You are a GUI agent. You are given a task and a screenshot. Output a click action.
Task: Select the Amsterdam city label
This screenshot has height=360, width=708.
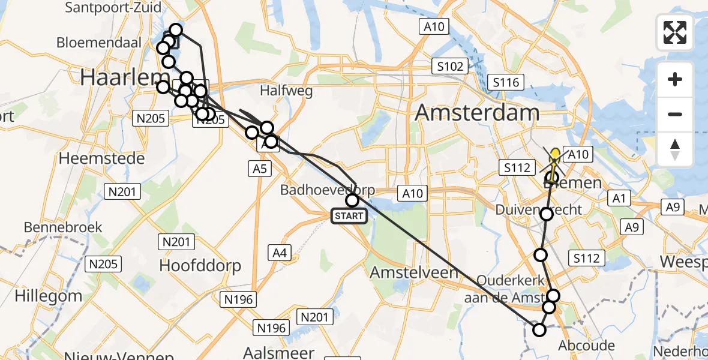[x=478, y=112]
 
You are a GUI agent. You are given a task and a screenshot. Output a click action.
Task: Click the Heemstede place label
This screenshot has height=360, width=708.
[x=101, y=158]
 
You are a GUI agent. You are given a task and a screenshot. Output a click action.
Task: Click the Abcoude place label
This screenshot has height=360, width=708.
[x=586, y=345]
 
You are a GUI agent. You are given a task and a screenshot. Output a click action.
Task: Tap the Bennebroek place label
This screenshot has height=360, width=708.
[x=63, y=227]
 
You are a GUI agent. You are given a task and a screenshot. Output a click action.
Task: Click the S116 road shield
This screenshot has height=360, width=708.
[x=506, y=82]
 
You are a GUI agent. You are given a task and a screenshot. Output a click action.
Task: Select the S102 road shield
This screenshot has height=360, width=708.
[x=450, y=66]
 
